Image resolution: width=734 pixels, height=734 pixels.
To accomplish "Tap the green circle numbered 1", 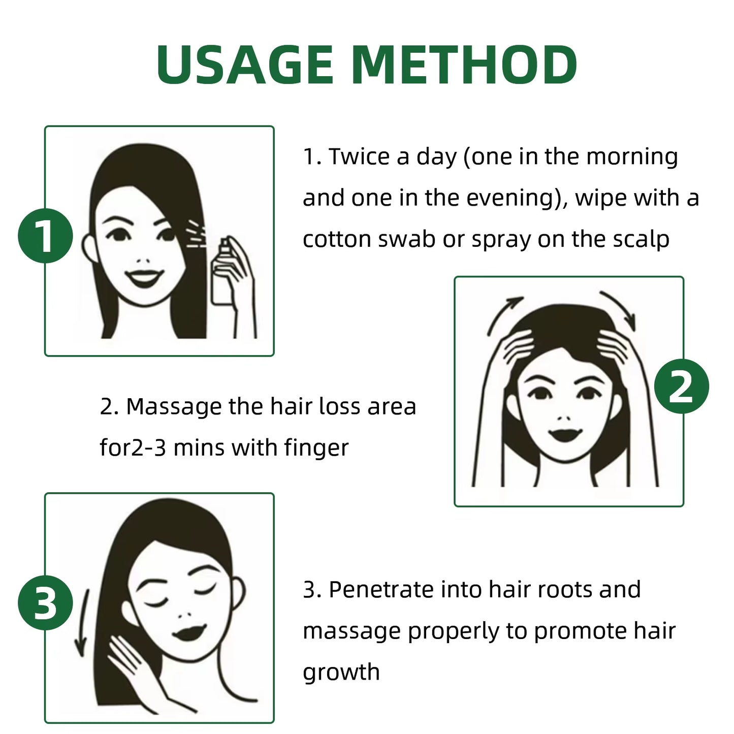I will [x=45, y=236].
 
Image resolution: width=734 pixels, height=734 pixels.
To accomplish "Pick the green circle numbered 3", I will [x=45, y=603].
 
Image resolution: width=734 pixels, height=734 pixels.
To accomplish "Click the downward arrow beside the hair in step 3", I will [x=81, y=625].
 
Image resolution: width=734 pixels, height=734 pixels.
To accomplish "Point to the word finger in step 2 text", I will [x=316, y=448].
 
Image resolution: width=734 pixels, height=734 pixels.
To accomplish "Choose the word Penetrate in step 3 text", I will [x=381, y=590].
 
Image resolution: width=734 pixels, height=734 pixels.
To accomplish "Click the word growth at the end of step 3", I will [x=341, y=672].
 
